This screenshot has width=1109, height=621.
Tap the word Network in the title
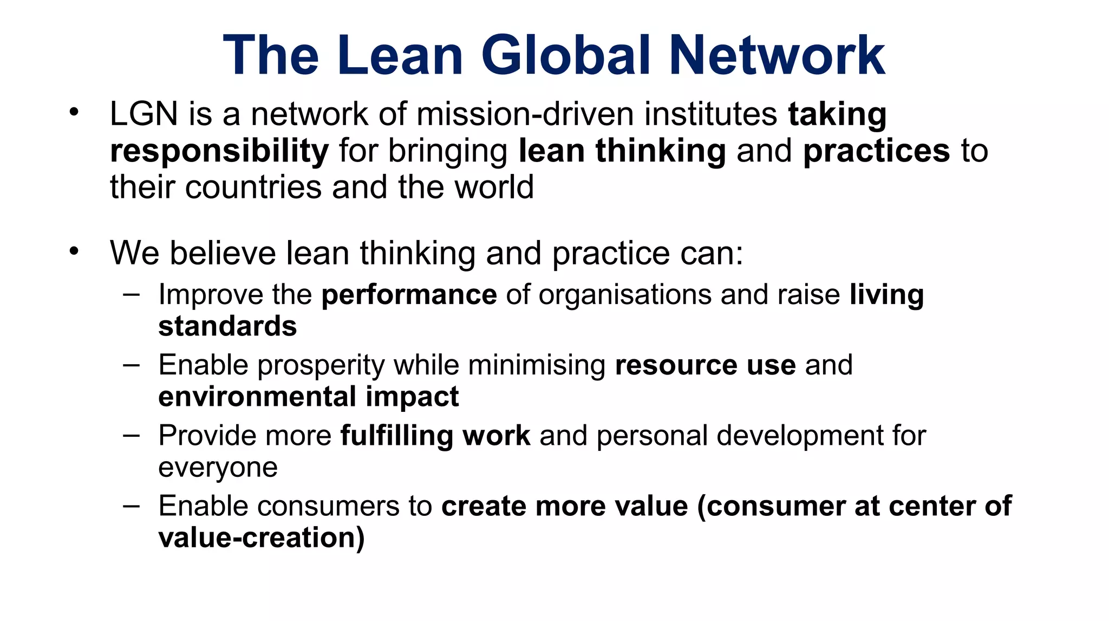[777, 55]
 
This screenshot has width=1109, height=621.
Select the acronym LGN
[143, 114]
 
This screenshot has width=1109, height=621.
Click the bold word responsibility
[219, 151]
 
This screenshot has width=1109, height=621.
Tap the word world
[494, 187]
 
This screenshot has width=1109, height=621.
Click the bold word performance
[409, 295]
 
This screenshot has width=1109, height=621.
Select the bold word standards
[227, 327]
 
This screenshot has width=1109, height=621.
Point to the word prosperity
[321, 365]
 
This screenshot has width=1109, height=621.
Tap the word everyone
[218, 468]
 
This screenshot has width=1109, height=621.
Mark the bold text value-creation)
[262, 538]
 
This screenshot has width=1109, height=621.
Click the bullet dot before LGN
[74, 113]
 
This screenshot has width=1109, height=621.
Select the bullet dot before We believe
[74, 251]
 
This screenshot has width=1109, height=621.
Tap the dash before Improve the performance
[131, 294]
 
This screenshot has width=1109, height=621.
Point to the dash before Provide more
[131, 435]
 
